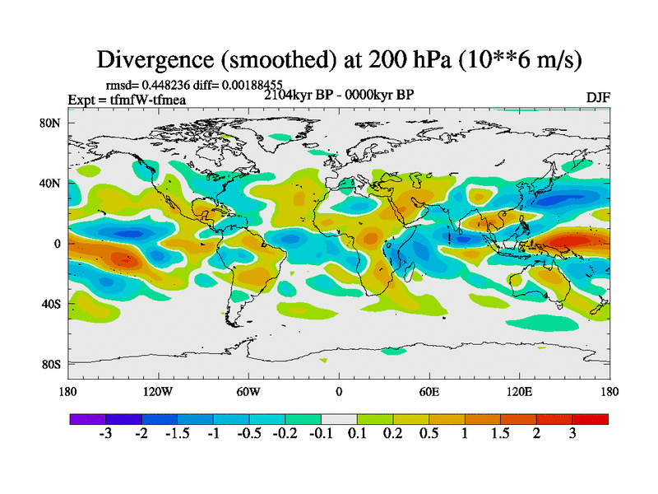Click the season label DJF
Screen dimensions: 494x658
click(597, 97)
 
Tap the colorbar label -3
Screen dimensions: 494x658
click(105, 435)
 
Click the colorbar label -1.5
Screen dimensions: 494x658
click(177, 435)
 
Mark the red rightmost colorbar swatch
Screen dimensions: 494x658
click(590, 419)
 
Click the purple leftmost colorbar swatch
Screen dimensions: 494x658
click(87, 419)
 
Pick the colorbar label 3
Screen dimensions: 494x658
click(572, 435)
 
